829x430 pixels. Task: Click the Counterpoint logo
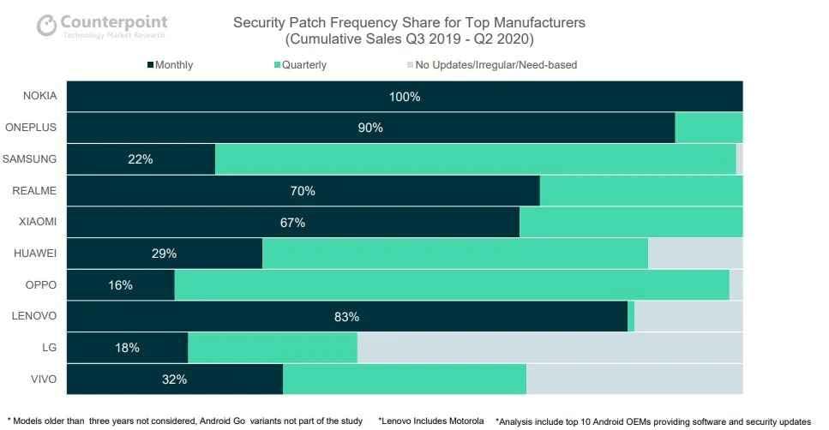click(101, 25)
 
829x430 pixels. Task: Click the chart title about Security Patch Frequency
click(410, 30)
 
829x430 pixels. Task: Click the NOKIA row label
click(39, 96)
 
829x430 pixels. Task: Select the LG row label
click(48, 347)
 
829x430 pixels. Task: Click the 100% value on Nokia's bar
click(405, 97)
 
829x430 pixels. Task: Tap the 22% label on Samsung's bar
click(141, 159)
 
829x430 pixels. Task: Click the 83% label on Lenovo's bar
click(346, 317)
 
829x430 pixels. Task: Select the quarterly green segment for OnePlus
click(708, 128)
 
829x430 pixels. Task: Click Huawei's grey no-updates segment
click(695, 254)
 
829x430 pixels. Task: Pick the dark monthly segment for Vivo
click(175, 379)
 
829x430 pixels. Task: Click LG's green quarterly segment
click(273, 348)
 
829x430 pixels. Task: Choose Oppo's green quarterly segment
click(452, 285)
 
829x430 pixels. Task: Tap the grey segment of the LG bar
click(550, 348)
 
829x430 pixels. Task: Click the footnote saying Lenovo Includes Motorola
click(431, 421)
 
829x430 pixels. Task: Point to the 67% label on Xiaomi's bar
click(293, 223)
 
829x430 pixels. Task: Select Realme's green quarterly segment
click(640, 191)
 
